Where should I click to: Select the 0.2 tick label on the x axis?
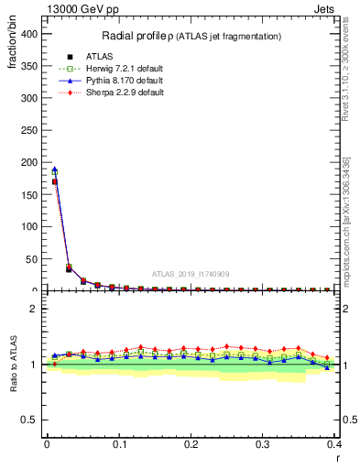point(191,444)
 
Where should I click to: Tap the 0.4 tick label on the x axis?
point(334,444)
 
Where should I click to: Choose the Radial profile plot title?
point(191,36)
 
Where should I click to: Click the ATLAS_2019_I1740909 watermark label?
point(190,274)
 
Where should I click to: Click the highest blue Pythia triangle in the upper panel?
point(54,169)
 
